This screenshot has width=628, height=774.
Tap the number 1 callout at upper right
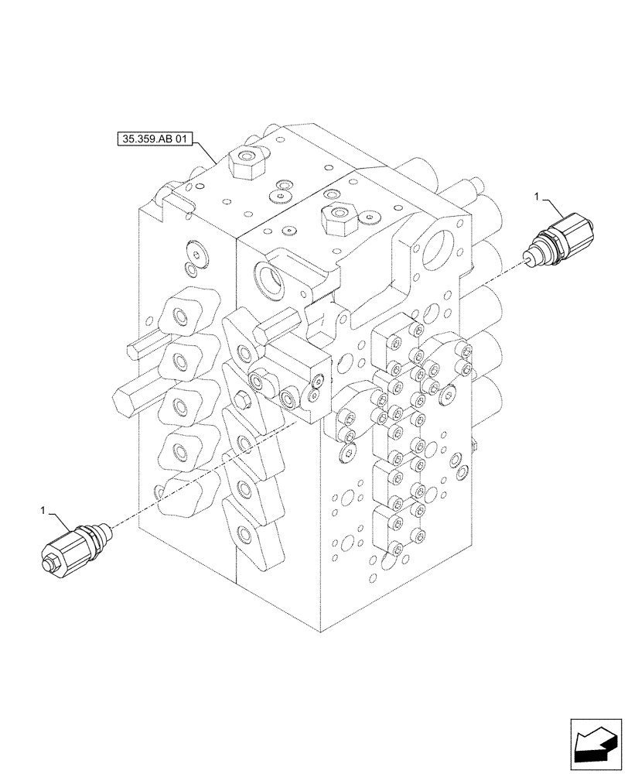pyautogui.click(x=537, y=199)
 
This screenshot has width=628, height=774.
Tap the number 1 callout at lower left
pyautogui.click(x=44, y=511)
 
